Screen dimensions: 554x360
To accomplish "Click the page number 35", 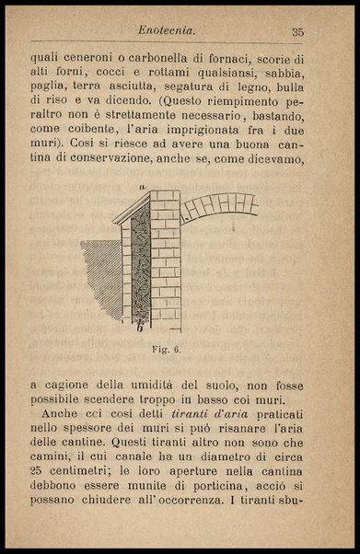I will (x=297, y=32).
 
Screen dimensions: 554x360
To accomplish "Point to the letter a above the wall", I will (x=142, y=187).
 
